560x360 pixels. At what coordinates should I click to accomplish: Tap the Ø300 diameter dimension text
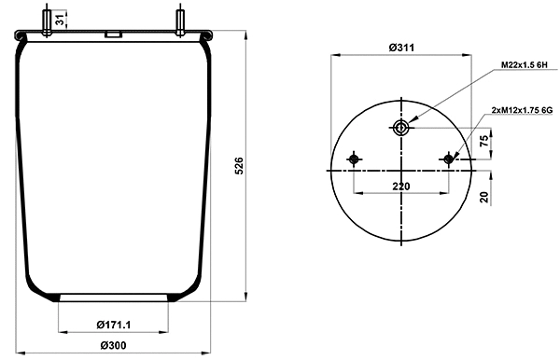click(112, 346)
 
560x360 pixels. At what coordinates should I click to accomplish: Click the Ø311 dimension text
click(401, 48)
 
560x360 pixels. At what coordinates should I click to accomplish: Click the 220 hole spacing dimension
click(401, 187)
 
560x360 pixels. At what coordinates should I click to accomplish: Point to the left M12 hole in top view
click(354, 160)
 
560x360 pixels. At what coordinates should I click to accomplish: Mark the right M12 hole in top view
click(450, 160)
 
